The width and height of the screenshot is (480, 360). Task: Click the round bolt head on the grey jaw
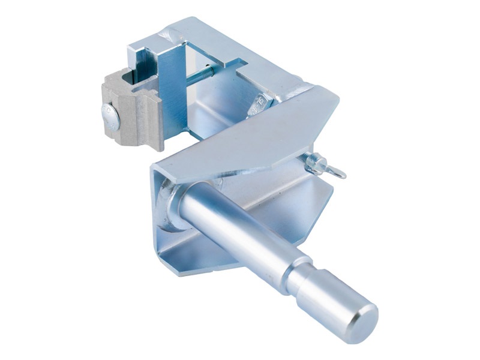(x=110, y=116)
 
